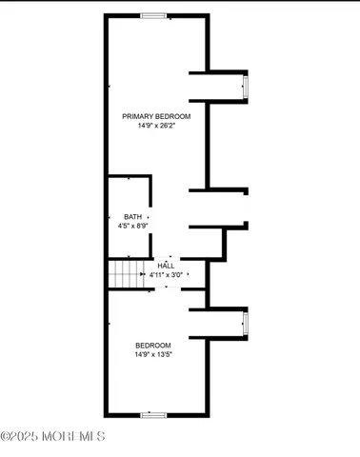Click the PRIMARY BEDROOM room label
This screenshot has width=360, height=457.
[156, 116]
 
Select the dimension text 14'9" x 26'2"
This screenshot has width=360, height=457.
[156, 126]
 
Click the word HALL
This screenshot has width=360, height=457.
[166, 266]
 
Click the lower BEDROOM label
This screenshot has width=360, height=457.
[153, 345]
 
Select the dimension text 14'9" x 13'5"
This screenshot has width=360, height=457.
[153, 354]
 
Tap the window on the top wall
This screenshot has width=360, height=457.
[153, 15]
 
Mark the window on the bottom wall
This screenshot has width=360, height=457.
[153, 415]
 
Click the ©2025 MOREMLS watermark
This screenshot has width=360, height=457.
[52, 436]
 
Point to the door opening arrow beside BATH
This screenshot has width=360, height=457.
[148, 218]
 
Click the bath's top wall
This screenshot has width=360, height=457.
[129, 176]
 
